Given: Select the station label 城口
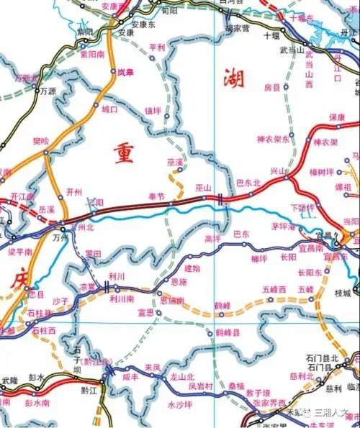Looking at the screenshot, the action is click(x=109, y=110).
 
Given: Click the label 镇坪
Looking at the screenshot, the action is click(x=153, y=111).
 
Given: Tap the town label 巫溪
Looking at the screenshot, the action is click(x=175, y=164).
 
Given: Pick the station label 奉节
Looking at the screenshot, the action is click(x=156, y=196).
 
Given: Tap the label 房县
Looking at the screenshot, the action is click(x=271, y=88).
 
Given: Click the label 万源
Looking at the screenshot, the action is click(x=48, y=91).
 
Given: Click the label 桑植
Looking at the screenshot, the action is click(x=236, y=386).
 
